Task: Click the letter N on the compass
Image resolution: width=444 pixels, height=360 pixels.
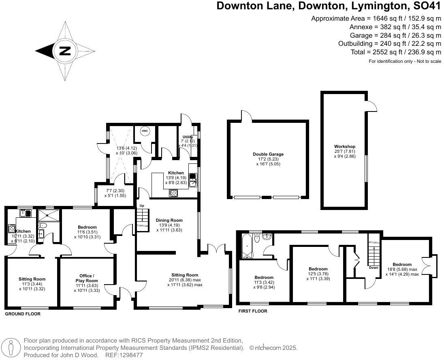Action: click(65, 51)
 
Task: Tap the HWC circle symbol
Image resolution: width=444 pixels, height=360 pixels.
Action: click(145, 131)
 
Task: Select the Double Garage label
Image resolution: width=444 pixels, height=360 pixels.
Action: click(268, 154)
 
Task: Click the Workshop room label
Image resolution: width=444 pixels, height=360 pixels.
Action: click(344, 146)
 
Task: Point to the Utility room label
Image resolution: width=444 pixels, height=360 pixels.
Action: click(188, 137)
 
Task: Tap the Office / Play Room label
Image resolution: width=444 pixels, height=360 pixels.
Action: click(86, 278)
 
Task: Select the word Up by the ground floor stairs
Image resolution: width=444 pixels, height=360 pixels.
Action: click(141, 206)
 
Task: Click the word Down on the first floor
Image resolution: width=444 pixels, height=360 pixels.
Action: click(374, 268)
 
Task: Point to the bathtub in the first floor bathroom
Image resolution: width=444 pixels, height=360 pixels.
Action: click(246, 246)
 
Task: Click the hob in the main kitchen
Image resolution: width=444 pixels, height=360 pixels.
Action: click(174, 193)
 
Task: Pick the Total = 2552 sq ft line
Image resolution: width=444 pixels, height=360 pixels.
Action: click(396, 52)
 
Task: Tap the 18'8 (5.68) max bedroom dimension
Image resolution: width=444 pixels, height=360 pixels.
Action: click(401, 269)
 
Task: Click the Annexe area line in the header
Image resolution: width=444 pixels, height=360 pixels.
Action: click(395, 27)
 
